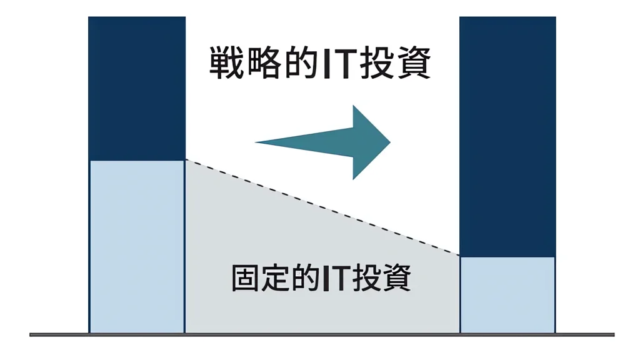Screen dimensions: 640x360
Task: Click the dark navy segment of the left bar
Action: click(137, 89)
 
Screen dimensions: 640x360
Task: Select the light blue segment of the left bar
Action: click(137, 246)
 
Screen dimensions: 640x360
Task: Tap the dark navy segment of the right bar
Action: click(507, 137)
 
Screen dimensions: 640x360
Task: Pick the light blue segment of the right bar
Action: click(507, 295)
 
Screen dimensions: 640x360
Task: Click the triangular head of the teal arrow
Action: click(369, 142)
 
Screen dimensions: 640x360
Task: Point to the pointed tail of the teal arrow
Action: click(256, 142)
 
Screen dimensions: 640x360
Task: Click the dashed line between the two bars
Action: click(322, 207)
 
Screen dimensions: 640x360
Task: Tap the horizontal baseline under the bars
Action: click(322, 335)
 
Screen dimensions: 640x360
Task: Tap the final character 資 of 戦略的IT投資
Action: click(414, 63)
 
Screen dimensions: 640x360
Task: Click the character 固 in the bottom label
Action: click(246, 278)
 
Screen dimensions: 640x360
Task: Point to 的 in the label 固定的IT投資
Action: click(306, 278)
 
